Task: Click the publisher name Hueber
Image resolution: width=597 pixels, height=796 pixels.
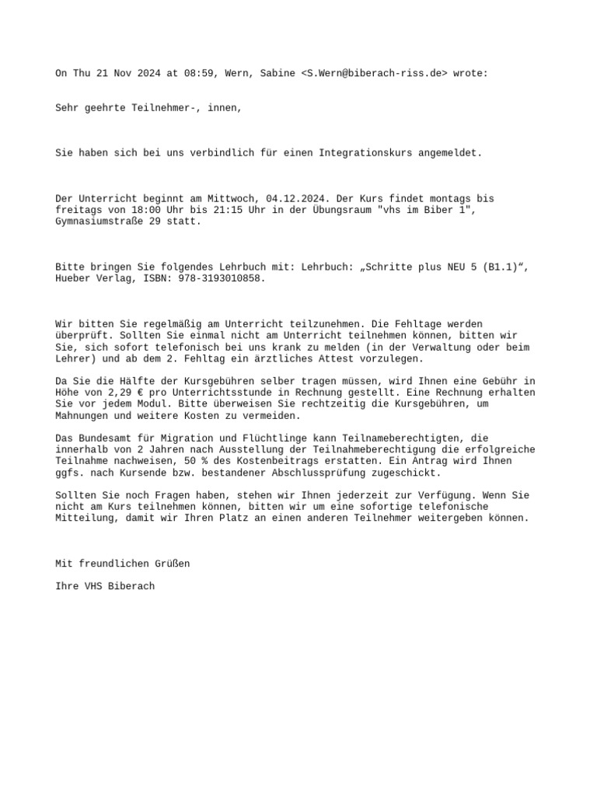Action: (73, 278)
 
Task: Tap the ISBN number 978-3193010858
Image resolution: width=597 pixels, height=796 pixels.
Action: (222, 278)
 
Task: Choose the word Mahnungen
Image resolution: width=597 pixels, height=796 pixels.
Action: (84, 415)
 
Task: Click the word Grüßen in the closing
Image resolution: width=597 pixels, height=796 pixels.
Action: (172, 564)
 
